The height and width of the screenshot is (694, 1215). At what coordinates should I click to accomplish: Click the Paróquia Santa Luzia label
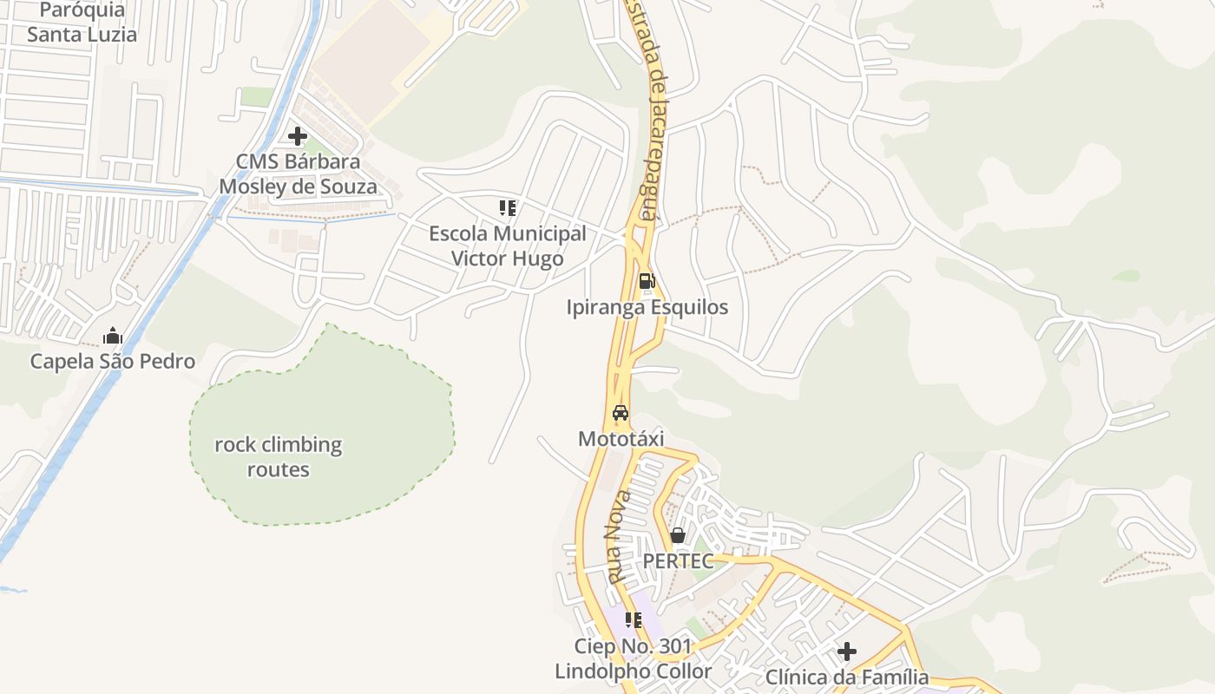click(x=82, y=23)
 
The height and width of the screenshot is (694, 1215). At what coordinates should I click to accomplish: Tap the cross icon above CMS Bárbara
click(x=298, y=136)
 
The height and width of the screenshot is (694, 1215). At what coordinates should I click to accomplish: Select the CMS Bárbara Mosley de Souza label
click(x=298, y=174)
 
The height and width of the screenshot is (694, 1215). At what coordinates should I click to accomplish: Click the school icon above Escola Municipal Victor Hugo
click(x=508, y=208)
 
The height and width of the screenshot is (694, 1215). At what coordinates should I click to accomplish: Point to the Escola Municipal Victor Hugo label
click(x=508, y=246)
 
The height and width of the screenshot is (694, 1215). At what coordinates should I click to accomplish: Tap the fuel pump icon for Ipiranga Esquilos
click(x=647, y=281)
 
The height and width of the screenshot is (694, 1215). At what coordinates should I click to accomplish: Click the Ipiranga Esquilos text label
click(x=647, y=307)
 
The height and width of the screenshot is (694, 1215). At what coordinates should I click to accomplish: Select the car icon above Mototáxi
click(x=621, y=413)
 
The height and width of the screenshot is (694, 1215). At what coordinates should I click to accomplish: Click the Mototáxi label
click(x=621, y=439)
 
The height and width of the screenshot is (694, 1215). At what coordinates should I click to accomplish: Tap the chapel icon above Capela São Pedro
click(x=113, y=336)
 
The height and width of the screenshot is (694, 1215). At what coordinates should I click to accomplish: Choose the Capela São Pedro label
click(x=113, y=362)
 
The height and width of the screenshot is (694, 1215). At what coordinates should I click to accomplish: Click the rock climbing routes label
click(x=279, y=457)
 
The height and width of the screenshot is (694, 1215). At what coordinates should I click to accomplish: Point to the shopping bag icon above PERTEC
click(x=678, y=535)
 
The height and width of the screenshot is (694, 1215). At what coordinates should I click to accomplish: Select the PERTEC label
click(x=678, y=561)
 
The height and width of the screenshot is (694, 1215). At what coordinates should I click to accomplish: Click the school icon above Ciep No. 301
click(x=634, y=620)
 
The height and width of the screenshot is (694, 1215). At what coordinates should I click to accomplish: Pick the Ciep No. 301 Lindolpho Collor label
click(x=634, y=659)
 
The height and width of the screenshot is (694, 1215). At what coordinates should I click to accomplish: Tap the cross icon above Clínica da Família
click(x=847, y=651)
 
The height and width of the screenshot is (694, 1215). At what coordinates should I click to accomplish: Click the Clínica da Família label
click(x=847, y=678)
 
